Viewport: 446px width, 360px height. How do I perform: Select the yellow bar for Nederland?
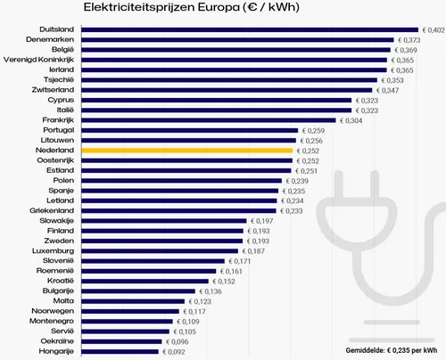[x=187, y=151]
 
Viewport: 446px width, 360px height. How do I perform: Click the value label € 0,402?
[x=433, y=29]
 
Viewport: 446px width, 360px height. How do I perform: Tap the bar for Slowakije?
[x=163, y=220]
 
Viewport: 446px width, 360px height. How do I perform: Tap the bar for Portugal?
[x=189, y=130]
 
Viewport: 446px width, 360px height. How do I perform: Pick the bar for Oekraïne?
[x=120, y=341]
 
